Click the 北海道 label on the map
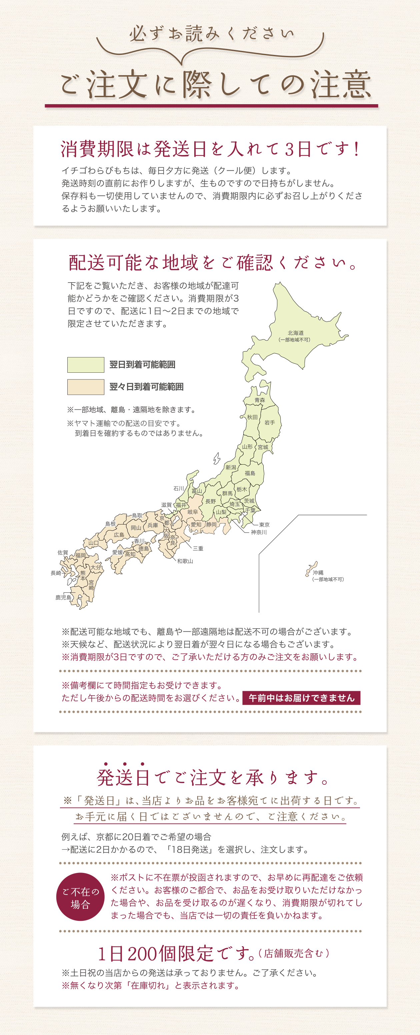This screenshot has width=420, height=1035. pos(296,333)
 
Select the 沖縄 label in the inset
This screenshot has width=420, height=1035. pos(318,572)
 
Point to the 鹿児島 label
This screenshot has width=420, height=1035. pos(63,597)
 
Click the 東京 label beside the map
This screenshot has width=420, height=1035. pos(264,525)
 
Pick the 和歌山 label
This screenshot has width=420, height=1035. pos(185,561)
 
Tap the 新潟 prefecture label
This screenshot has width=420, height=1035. pos(231,467)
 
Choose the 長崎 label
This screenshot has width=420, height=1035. pos(56,573)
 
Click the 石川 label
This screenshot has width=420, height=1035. pos(179,489)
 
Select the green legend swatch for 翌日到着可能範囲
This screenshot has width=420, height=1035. pos(86,365)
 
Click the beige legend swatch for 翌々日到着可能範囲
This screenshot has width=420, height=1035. pos(86,387)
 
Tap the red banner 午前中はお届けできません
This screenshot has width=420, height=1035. pos(301,698)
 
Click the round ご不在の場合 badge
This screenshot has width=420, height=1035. pos(80,897)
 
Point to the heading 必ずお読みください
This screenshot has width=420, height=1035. pos(211,34)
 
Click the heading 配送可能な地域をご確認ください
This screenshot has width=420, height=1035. pos(212,263)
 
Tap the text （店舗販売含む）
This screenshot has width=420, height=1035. pos(294,953)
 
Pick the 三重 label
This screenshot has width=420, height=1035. pos(198,548)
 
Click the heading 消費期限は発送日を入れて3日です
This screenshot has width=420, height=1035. pos(210,149)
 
